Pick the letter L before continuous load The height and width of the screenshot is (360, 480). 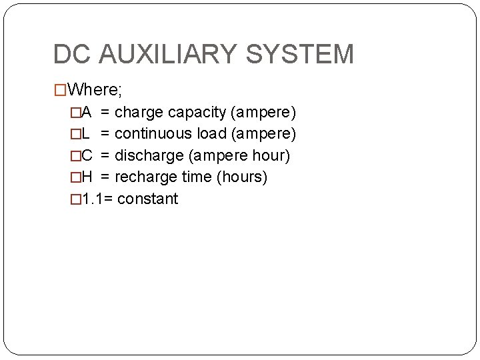pyautogui.click(x=86, y=133)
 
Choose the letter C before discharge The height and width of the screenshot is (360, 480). pyautogui.click(x=87, y=155)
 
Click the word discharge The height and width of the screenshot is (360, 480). pyautogui.click(x=147, y=155)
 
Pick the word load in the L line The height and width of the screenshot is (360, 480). pyautogui.click(x=213, y=133)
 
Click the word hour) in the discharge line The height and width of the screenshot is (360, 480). pyautogui.click(x=272, y=155)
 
